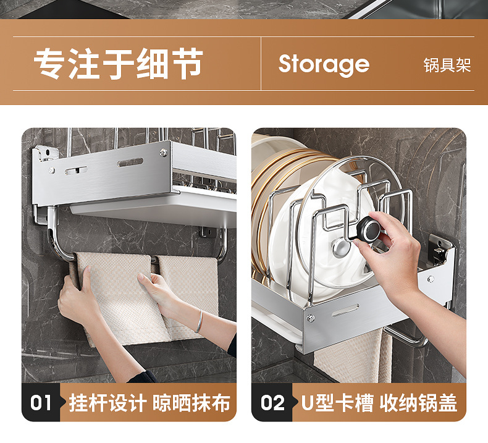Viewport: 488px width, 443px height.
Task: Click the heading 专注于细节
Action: [x=118, y=64]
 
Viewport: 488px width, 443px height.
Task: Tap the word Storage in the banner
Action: [x=324, y=64]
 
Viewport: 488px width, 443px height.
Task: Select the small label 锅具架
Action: [x=447, y=65]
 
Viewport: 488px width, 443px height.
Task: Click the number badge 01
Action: [x=41, y=403]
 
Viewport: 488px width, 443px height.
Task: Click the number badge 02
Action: [x=272, y=403]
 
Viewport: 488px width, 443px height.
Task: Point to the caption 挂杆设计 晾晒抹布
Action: [x=149, y=403]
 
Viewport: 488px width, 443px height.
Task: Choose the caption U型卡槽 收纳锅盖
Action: [x=379, y=403]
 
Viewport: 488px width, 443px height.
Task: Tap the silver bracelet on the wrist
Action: [x=198, y=321]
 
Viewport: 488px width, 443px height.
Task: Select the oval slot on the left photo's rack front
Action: [x=130, y=162]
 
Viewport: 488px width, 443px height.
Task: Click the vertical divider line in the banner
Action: [x=261, y=64]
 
